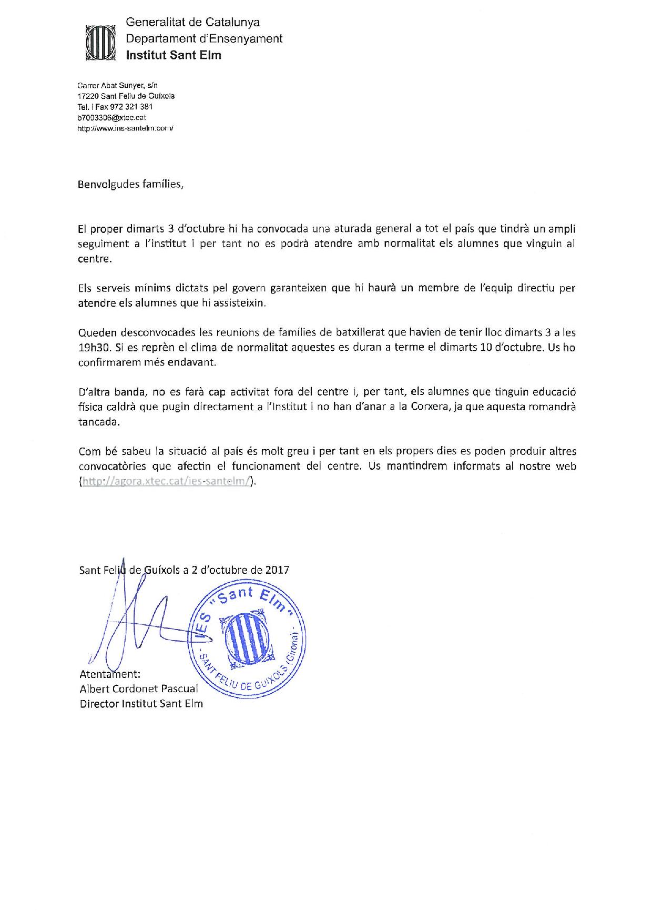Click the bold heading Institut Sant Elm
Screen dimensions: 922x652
pos(174,55)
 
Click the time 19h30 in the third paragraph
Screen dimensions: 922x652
pos(91,348)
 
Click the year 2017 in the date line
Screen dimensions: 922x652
pos(277,570)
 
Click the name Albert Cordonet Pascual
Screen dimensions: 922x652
pos(139,688)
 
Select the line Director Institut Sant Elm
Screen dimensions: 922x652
pos(141,704)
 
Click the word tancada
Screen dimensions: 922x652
pos(99,422)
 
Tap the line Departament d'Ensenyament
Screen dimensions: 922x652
pos(204,38)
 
